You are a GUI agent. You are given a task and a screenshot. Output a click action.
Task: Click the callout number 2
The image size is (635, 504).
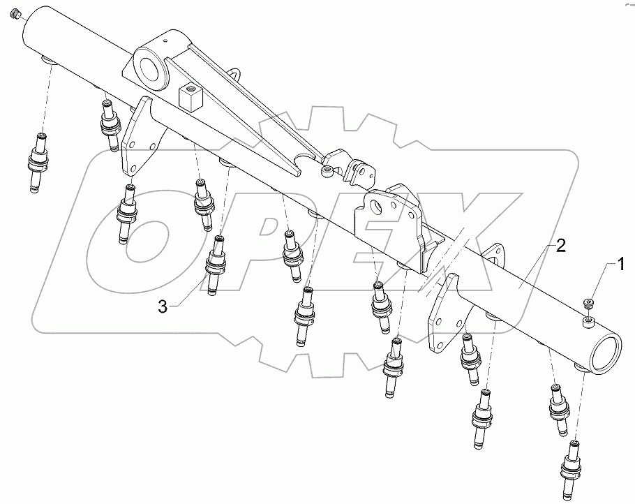tap(560, 245)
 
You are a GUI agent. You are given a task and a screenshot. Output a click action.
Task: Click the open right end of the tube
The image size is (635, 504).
tap(604, 352)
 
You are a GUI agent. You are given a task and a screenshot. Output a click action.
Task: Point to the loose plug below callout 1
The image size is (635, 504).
tap(588, 302)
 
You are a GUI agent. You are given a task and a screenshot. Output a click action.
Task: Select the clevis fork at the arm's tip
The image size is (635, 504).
tap(355, 169)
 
